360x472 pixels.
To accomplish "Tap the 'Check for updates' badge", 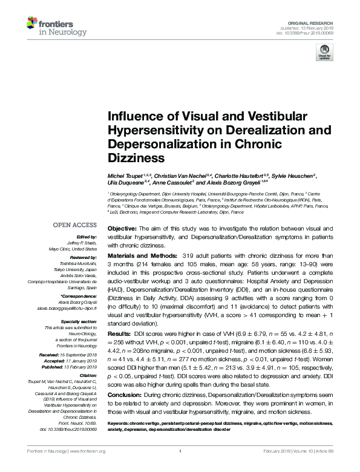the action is (x=324, y=54).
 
